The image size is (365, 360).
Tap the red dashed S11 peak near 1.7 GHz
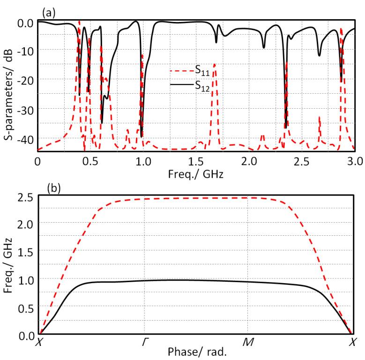point(215,64)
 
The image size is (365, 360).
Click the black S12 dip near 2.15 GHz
point(264,47)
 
